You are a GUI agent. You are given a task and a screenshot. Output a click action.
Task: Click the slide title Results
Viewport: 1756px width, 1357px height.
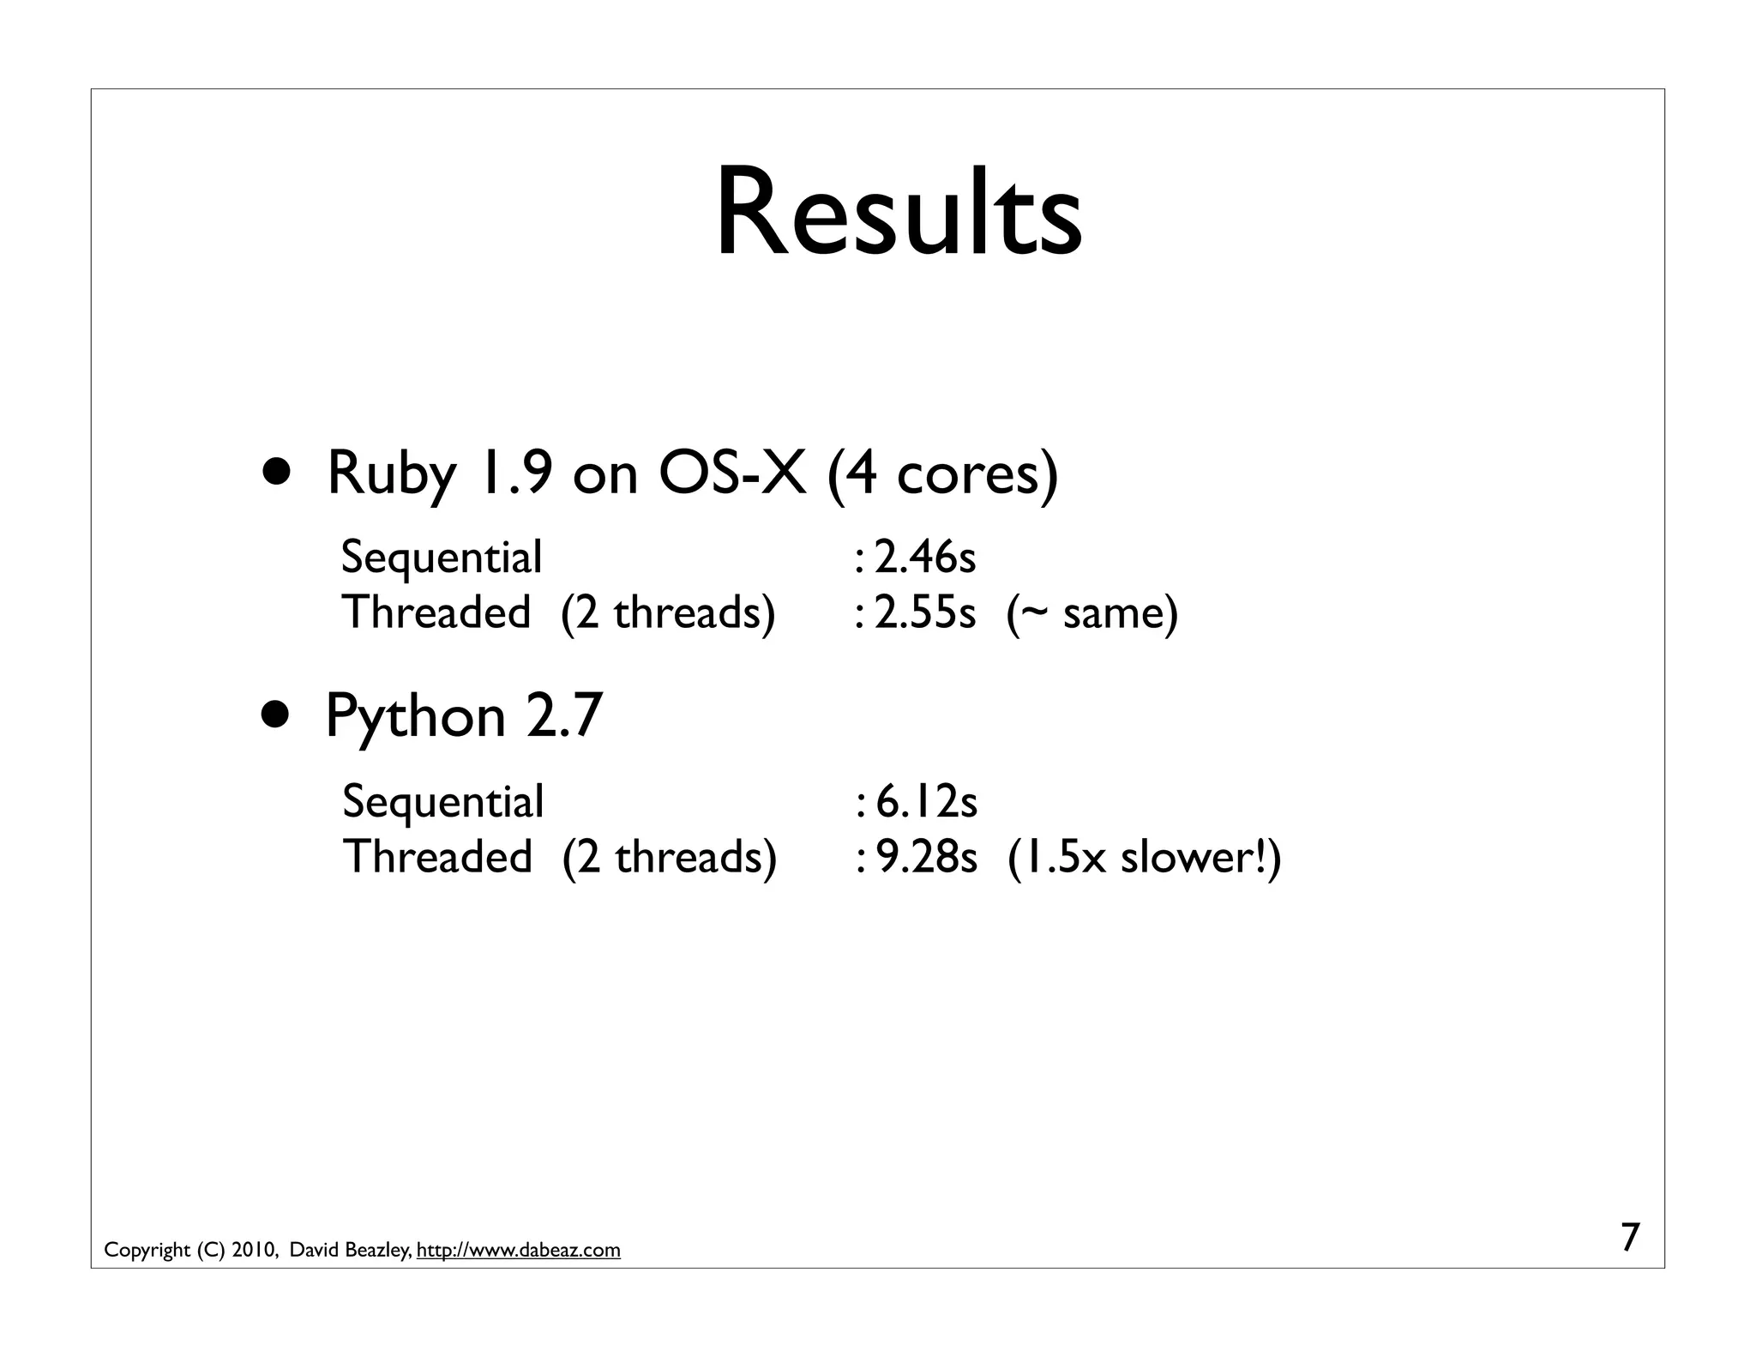click(898, 213)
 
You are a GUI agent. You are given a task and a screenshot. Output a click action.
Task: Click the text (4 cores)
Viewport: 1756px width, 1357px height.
click(943, 474)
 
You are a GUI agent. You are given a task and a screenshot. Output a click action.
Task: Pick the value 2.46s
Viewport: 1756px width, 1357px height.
click(925, 558)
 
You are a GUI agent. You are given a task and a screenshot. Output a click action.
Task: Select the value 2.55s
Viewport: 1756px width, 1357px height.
click(925, 612)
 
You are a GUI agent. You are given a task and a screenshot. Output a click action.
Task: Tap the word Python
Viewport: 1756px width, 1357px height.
click(416, 718)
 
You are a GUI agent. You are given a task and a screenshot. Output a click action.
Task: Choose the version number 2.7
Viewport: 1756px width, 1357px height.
click(564, 716)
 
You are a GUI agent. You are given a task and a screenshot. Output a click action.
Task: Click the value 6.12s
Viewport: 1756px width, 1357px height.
click(927, 802)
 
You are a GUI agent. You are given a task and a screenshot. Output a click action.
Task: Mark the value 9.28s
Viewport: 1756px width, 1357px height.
click(927, 857)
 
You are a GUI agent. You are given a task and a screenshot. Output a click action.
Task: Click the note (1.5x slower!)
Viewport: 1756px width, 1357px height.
click(1145, 857)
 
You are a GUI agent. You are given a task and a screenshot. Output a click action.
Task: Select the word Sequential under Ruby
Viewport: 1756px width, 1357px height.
click(442, 558)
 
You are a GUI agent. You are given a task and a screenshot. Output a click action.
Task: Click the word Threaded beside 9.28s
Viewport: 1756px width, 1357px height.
click(437, 857)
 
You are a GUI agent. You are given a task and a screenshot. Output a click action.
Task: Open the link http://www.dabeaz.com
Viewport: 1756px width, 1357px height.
click(518, 1251)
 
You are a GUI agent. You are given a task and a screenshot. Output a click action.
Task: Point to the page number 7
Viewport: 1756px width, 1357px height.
click(1630, 1238)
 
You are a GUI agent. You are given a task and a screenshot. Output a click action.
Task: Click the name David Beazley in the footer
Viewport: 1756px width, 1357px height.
click(351, 1251)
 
